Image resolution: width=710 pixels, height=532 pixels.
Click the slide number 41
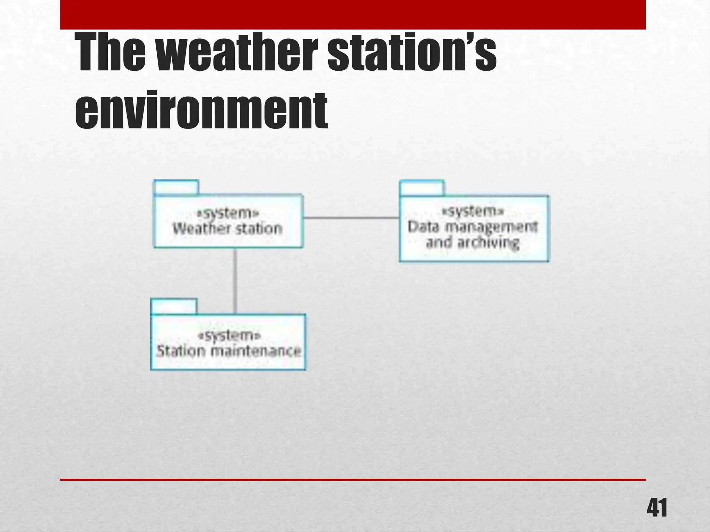point(656,508)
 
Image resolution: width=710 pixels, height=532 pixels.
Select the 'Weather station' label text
point(228,229)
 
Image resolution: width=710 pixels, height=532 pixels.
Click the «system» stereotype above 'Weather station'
point(228,213)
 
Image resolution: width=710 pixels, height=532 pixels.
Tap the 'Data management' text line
point(473,227)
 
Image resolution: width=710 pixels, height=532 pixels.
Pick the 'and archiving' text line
point(473,242)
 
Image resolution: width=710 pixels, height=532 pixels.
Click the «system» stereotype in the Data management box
point(473,211)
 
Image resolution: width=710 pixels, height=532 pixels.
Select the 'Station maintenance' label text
point(228,351)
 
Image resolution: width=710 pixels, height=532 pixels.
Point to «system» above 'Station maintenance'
point(229,335)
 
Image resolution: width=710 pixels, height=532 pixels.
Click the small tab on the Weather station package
point(176,187)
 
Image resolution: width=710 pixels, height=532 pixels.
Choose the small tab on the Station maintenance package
point(174,307)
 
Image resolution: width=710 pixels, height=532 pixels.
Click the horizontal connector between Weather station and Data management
point(351,218)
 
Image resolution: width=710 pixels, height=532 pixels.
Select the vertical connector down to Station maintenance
point(235,281)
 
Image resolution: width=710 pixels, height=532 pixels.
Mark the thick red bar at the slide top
point(353,15)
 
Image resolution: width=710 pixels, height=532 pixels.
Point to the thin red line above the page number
point(353,480)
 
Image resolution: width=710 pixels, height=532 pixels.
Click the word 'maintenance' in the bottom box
point(256,351)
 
